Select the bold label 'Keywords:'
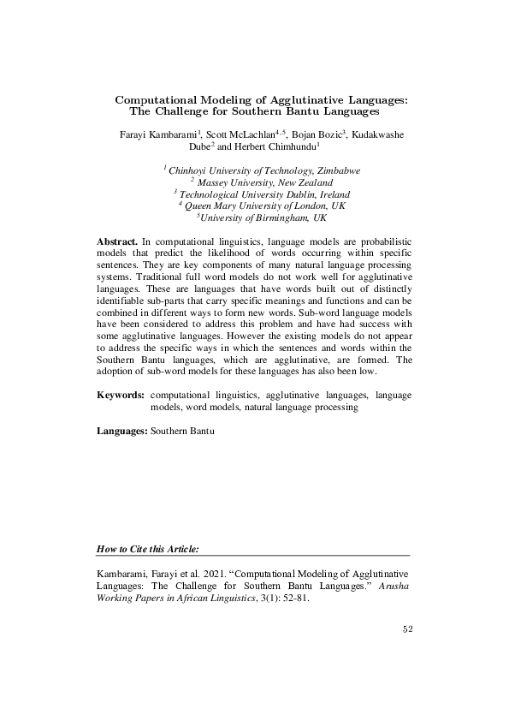pos(120,396)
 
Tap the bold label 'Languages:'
pos(122,432)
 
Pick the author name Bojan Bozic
pos(318,134)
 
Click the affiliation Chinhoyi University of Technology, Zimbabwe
pos(263,170)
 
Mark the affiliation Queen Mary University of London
pos(257,206)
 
